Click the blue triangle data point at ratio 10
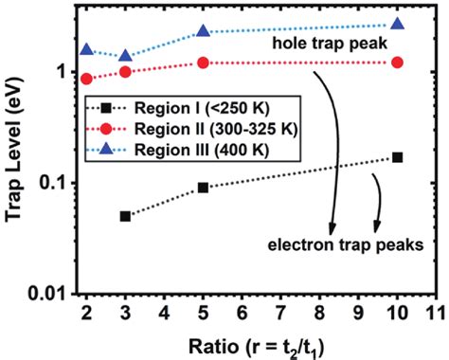point(397,25)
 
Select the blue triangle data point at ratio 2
point(87,49)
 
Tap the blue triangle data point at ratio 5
point(203,31)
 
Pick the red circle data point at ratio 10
point(397,63)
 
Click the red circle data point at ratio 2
point(87,79)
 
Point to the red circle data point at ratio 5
point(203,63)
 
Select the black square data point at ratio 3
point(126,216)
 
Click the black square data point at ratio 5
point(203,188)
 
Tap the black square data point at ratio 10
point(397,156)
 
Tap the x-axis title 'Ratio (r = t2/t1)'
point(250,342)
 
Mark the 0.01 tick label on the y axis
point(46,295)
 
